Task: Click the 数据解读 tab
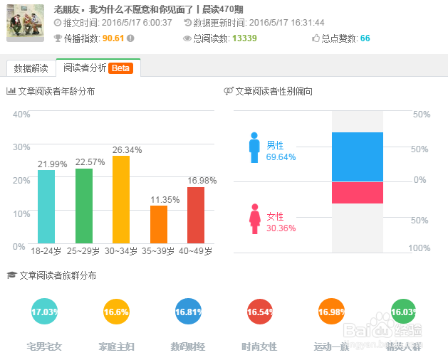[31, 68]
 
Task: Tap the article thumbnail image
[26, 23]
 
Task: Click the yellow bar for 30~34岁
[121, 199]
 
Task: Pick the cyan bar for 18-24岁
[46, 207]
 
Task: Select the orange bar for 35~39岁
[159, 224]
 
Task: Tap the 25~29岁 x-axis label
[84, 252]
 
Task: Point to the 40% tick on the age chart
[21, 114]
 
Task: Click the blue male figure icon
[254, 147]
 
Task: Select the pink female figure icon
[254, 218]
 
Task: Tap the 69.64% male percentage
[281, 157]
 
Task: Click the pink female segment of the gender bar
[357, 192]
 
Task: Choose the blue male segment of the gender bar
[357, 157]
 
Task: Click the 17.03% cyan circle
[44, 312]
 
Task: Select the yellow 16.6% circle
[116, 312]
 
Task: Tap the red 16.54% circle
[259, 312]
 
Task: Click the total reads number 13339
[244, 38]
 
